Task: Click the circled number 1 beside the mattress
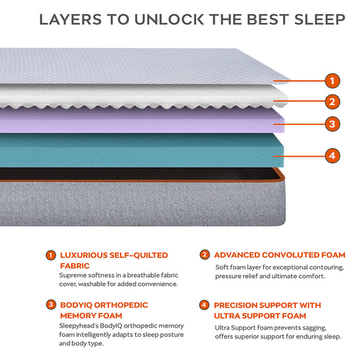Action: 331,81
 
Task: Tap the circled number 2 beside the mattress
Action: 331,102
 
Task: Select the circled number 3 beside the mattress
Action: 331,124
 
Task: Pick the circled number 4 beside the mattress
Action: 331,155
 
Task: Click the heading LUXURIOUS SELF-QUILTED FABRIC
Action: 113,260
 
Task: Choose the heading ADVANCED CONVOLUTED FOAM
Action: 279,255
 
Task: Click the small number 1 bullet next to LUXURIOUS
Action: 51,255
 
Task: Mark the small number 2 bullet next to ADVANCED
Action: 204,255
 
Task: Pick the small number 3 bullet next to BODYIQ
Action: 51,305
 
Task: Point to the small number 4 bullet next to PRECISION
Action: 204,305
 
